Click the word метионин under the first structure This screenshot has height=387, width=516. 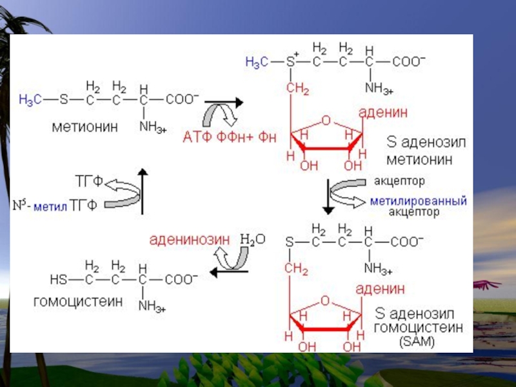pos(84,127)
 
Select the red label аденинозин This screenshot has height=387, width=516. pos(189,240)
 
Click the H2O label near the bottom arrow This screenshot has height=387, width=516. pos(252,239)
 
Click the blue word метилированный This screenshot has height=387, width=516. pos(418,201)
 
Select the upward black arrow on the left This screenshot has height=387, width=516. pos(143,191)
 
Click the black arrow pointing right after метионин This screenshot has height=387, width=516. pos(223,102)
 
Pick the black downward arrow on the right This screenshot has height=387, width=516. pos(328,197)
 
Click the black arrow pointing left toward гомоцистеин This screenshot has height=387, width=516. pos(223,273)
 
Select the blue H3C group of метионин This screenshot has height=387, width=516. pos(31,100)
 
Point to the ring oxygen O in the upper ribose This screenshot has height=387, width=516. pos(326,120)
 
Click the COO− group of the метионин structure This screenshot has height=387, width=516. pos(183,100)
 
